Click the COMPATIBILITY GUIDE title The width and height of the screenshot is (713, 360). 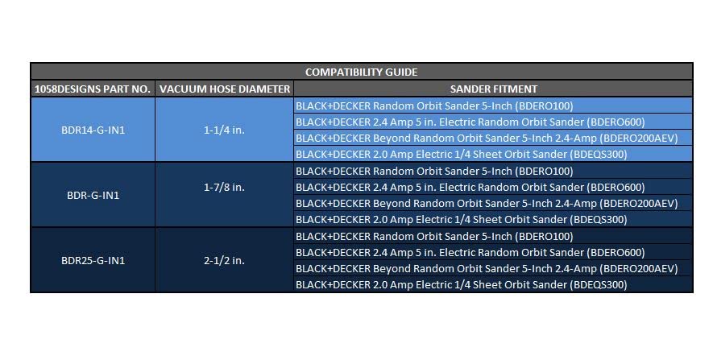pos(361,72)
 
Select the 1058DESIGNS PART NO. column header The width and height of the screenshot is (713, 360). pos(93,89)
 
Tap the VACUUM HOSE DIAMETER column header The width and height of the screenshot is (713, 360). pos(225,89)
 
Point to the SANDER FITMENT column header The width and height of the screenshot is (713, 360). pos(493,89)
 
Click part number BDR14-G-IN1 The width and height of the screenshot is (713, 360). pos(93,130)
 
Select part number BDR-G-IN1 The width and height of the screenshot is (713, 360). pos(93,196)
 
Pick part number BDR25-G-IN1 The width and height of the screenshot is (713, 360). pos(93,261)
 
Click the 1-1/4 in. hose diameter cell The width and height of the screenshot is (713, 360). pos(224,130)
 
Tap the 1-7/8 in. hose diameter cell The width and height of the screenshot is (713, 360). pos(224,188)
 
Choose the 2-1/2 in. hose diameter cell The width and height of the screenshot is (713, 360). pos(224,260)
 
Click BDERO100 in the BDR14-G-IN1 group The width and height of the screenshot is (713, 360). pos(545,106)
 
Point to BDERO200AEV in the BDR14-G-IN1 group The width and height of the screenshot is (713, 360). pos(638,139)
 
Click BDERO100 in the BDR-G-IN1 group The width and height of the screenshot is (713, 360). pos(545,172)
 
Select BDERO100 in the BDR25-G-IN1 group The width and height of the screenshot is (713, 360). pos(545,237)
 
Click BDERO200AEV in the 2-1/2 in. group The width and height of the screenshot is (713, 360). pos(638,269)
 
